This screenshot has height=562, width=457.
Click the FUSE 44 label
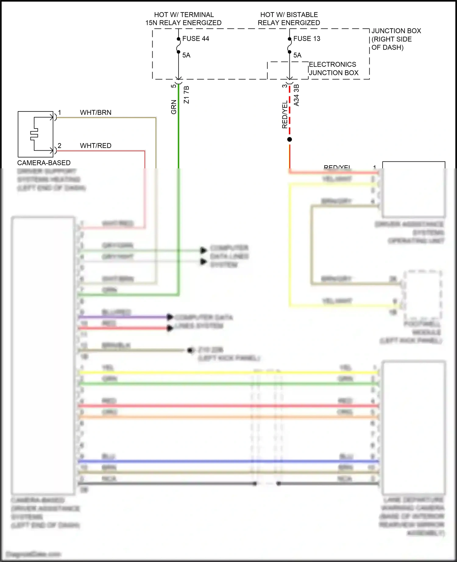pos(196,39)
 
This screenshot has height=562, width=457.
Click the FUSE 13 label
pos(306,39)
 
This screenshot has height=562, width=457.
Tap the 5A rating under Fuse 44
pos(186,55)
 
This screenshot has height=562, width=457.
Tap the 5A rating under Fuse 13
pos(297,55)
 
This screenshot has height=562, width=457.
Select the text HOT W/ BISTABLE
pos(289,15)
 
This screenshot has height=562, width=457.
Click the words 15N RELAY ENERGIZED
pos(183,23)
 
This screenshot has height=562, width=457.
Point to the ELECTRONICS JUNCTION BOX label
pos(333,68)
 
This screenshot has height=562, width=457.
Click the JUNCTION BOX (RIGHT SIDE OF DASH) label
pos(396,39)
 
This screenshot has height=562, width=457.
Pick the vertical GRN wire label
pos(174,107)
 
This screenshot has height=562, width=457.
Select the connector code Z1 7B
pos(186,95)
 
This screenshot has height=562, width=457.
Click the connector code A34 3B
pos(296,95)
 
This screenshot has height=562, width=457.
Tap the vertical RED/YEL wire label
pos(285,114)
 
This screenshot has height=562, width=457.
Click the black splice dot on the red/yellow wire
pos(289,139)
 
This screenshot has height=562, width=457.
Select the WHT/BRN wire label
pos(96,112)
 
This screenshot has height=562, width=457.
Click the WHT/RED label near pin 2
pos(96,146)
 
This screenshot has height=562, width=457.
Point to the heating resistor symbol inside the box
pos(34,134)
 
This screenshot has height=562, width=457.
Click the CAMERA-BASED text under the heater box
pos(44,163)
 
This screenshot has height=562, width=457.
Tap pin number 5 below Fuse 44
pos(173,86)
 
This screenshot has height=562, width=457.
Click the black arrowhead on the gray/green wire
pos(203,250)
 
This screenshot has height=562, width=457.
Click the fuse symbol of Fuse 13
pos(289,45)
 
